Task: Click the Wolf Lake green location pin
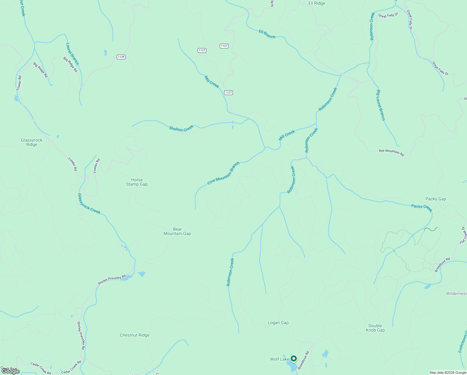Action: pyautogui.click(x=293, y=358)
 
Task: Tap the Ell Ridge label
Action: pyautogui.click(x=317, y=3)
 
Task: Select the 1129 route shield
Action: pyautogui.click(x=121, y=57)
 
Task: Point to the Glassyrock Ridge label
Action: pyautogui.click(x=32, y=142)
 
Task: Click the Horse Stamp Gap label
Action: pyautogui.click(x=137, y=182)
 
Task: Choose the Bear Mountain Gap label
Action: pyautogui.click(x=177, y=231)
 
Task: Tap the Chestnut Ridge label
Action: pyautogui.click(x=135, y=335)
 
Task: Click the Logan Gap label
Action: pyautogui.click(x=278, y=322)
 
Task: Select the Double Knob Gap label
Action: pyautogui.click(x=375, y=328)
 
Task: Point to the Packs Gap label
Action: pyautogui.click(x=435, y=199)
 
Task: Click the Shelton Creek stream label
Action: pyautogui.click(x=181, y=128)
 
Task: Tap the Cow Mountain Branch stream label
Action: pyautogui.click(x=224, y=173)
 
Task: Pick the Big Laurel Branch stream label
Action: pyautogui.click(x=381, y=105)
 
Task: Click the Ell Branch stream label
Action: pyautogui.click(x=267, y=34)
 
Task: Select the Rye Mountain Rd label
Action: pyautogui.click(x=391, y=152)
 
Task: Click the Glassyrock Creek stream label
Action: pyautogui.click(x=89, y=204)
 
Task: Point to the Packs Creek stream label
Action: pyautogui.click(x=422, y=208)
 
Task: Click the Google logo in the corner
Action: pyautogui.click(x=11, y=371)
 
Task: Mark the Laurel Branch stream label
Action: pyautogui.click(x=72, y=54)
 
